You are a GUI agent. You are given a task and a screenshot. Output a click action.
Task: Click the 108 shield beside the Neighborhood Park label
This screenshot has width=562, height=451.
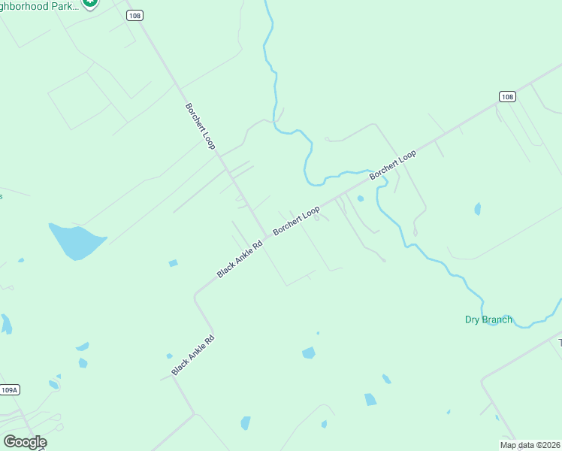[134, 15]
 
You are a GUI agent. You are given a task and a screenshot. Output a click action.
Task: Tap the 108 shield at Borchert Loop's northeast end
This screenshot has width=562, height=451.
[506, 96]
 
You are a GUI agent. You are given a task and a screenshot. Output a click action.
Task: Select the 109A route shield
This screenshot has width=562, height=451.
[9, 389]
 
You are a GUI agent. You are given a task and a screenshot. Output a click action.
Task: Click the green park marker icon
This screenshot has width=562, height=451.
[90, 2]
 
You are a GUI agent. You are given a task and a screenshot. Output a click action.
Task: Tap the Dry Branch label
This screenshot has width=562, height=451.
[488, 319]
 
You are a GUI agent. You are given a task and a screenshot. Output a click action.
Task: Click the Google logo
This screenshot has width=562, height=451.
[25, 442]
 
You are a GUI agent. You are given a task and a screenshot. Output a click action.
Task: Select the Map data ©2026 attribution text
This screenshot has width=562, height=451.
[530, 445]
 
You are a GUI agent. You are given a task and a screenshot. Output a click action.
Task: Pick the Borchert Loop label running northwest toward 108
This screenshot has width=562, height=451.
[201, 125]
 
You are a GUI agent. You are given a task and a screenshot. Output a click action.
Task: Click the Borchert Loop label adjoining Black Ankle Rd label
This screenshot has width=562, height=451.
[296, 220]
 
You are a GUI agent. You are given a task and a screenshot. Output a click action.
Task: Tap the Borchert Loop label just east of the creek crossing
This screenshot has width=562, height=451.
[392, 166]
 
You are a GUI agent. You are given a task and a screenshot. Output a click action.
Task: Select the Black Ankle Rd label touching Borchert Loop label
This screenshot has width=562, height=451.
[240, 259]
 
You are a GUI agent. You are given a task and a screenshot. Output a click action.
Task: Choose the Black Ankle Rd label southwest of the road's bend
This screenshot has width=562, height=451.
[193, 356]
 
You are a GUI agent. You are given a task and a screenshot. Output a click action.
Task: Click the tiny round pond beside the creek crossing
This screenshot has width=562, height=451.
[361, 198]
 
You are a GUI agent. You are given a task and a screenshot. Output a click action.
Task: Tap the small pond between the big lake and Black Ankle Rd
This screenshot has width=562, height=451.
[174, 263]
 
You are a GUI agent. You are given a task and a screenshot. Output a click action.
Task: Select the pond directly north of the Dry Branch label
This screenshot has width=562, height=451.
[477, 208]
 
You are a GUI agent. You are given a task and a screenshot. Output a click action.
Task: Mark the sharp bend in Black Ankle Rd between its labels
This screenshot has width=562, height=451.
[195, 295]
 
